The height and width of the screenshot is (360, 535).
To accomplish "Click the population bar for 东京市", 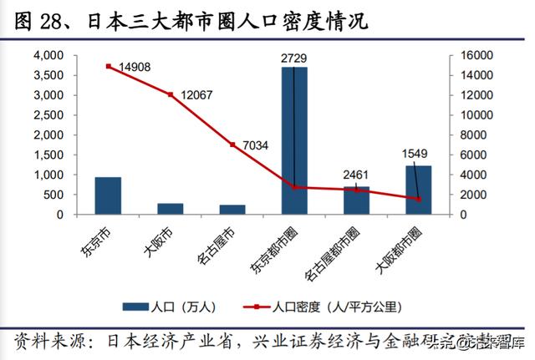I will click(108, 195).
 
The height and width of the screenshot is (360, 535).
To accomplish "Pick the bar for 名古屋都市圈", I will click(356, 200).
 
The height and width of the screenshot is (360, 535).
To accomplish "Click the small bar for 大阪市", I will click(171, 209).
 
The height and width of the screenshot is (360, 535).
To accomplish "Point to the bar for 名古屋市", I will click(232, 210).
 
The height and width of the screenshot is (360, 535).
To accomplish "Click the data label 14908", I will click(134, 68).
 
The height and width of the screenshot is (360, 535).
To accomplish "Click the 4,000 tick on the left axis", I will click(48, 55).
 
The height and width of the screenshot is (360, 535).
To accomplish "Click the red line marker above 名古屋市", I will click(232, 145).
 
